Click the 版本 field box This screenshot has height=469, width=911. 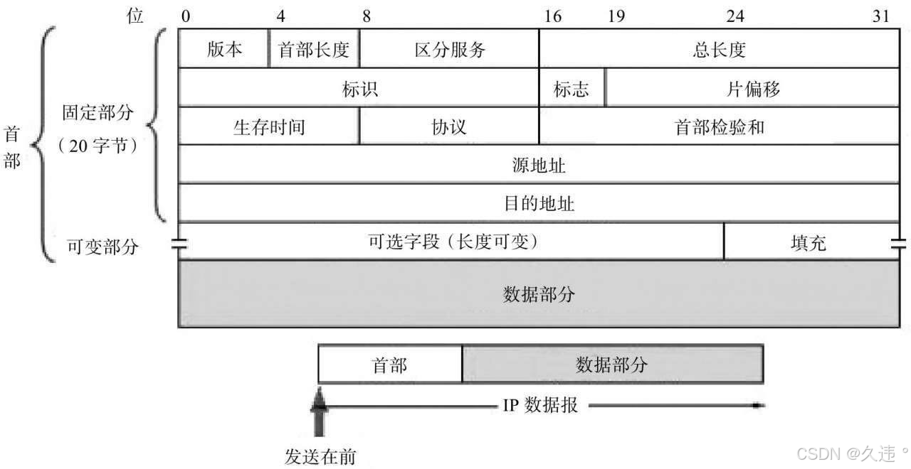coord(223,49)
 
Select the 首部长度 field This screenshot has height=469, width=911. coord(314,49)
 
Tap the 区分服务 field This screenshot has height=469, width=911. coord(449,49)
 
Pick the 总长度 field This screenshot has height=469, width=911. coord(719,49)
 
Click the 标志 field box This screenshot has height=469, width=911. coord(572,88)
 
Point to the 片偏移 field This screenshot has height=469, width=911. coord(752,88)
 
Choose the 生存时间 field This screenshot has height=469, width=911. coord(268,126)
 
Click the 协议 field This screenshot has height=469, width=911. coord(449,126)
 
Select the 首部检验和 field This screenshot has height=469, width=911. coord(719,126)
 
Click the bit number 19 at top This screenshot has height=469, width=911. coord(616,16)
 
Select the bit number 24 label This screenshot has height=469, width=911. coord(735,16)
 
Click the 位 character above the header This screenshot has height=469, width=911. coord(135,16)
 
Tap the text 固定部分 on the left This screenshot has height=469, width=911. coord(98,113)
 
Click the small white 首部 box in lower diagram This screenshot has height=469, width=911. coord(390,365)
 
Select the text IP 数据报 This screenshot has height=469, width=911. coord(540,406)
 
